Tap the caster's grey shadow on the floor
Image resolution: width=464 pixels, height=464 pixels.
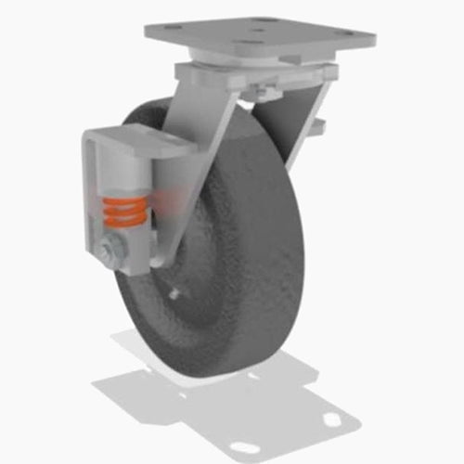(x=213, y=390)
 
